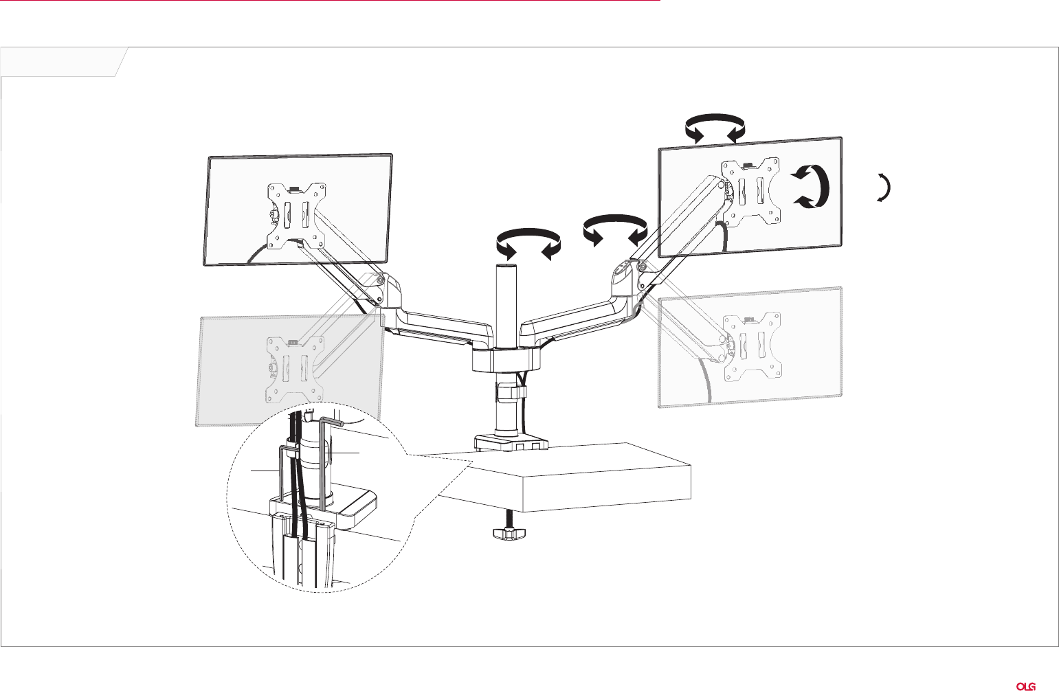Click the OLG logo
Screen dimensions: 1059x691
[x=1027, y=687]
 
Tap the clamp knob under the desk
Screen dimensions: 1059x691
[x=509, y=534]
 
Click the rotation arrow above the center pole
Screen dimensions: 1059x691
[x=528, y=242]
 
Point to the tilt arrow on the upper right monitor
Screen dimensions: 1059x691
[x=823, y=186]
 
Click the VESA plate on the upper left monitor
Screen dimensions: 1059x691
[x=297, y=216]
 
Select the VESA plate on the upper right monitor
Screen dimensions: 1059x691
[x=750, y=192]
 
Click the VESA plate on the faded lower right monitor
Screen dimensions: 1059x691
[x=752, y=347]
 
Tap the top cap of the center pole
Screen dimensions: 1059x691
[x=506, y=268]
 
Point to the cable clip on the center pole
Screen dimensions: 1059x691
[x=511, y=393]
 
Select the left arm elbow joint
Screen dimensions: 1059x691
[x=386, y=292]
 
